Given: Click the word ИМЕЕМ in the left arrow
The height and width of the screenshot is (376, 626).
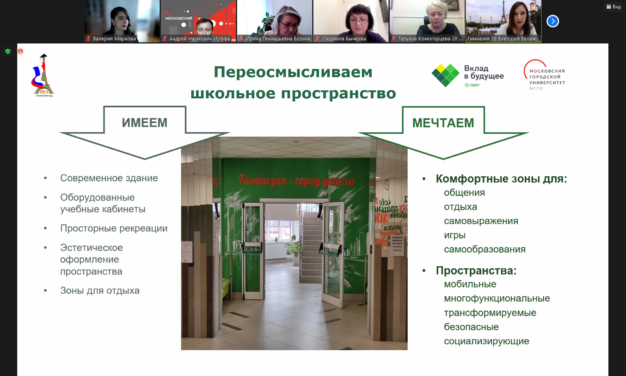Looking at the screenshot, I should tap(144, 123).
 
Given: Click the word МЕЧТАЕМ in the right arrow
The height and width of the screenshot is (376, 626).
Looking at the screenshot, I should tap(443, 123).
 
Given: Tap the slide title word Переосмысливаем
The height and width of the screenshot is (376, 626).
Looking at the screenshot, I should tap(293, 72).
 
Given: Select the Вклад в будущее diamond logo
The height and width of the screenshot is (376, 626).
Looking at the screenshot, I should tap(445, 75).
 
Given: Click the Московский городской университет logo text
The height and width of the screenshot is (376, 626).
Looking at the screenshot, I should tap(547, 77).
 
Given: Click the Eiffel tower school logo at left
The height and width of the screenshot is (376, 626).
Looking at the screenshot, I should tap(43, 76).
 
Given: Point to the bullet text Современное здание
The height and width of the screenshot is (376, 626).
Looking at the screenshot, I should tap(109, 178).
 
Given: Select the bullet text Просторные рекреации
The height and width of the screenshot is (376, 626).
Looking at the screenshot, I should tap(113, 228).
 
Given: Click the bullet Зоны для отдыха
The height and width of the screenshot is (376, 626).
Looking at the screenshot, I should tap(100, 291).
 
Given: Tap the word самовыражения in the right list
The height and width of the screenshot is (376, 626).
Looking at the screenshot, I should tap(481, 221).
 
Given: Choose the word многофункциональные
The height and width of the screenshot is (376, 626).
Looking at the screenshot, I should tap(496, 298).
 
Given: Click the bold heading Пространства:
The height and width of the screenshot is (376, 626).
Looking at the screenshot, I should tap(476, 271).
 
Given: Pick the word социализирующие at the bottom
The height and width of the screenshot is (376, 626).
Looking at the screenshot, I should tap(486, 341).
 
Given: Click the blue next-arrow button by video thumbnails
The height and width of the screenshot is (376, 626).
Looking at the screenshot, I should tap(552, 21).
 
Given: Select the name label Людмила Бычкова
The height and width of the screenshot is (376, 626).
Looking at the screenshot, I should tap(344, 39).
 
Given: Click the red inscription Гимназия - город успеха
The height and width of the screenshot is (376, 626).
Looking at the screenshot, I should tap(297, 180).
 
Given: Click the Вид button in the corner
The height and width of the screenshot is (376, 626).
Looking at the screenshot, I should tap(613, 7).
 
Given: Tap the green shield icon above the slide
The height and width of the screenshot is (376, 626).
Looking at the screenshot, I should tap(8, 51).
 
